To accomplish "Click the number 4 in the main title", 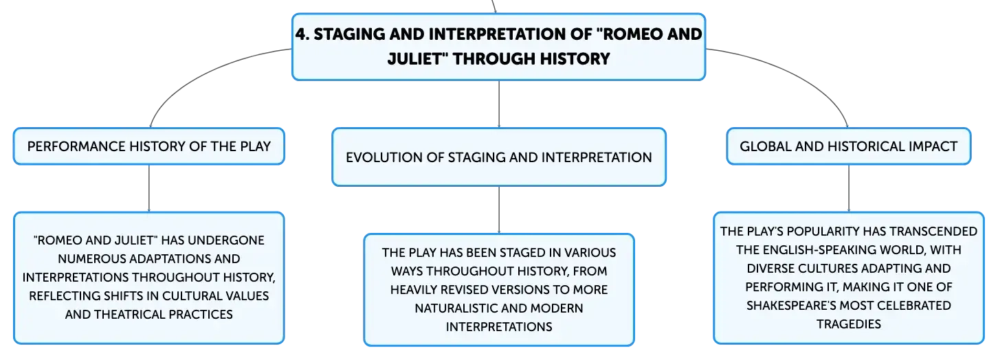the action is click(x=301, y=34).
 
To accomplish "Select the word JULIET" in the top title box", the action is click(x=417, y=59).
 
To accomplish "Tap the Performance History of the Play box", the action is click(x=149, y=146).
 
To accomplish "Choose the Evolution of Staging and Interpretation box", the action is click(x=498, y=157).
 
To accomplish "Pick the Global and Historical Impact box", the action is click(x=848, y=146).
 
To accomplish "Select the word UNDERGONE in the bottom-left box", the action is click(x=226, y=240).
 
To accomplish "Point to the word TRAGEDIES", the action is click(x=848, y=324).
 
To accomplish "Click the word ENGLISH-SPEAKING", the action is click(x=828, y=250).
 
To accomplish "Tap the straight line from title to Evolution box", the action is click(x=498, y=104).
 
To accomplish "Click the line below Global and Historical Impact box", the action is click(x=848, y=188).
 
